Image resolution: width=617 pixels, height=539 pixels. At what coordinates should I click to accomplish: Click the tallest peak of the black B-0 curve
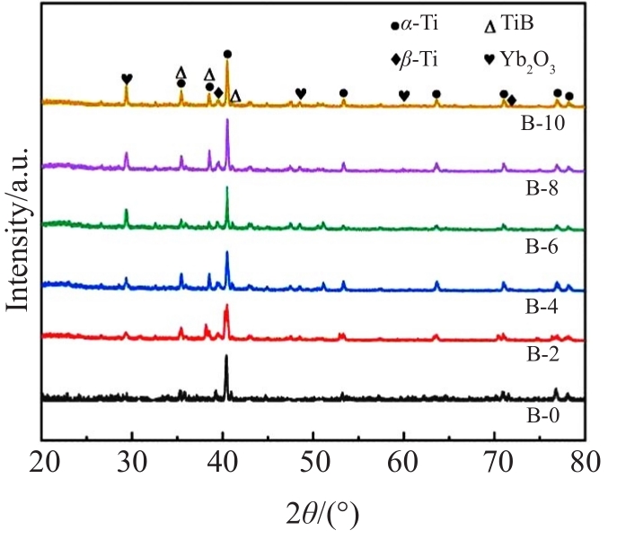pyautogui.click(x=225, y=357)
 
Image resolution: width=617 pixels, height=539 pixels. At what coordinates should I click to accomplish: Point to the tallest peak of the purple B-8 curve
pyautogui.click(x=226, y=120)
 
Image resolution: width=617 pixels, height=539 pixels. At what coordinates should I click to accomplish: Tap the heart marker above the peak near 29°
pyautogui.click(x=127, y=79)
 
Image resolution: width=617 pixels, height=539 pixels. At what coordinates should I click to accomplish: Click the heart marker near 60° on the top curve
pyautogui.click(x=404, y=95)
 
